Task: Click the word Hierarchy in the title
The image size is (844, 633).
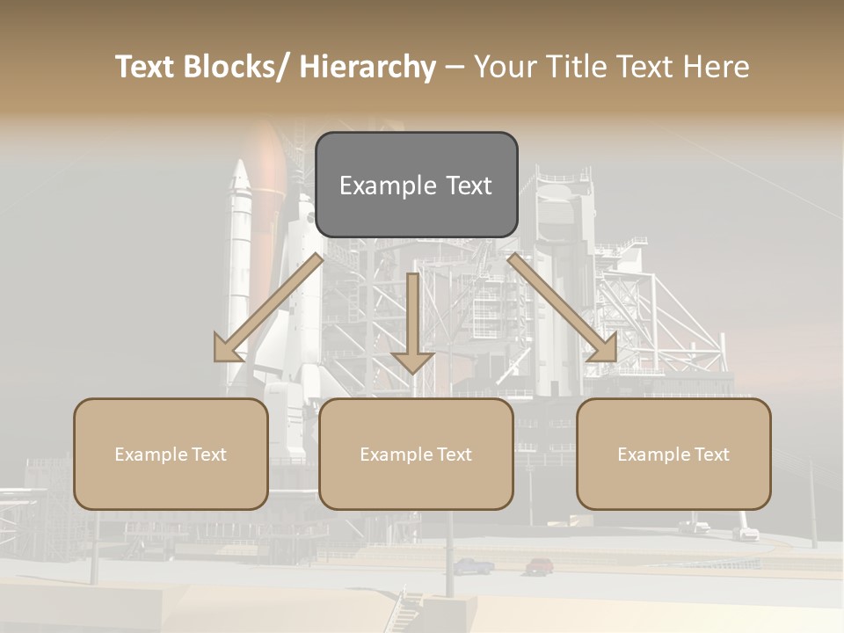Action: point(367,68)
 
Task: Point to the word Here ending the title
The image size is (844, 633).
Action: point(715,68)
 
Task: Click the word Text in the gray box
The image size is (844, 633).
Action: point(468,186)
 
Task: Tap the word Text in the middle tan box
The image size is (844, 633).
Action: point(452,455)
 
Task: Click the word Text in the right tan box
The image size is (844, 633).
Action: point(710,455)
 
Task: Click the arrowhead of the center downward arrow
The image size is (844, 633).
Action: point(412,361)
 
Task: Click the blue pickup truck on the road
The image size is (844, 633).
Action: point(474,566)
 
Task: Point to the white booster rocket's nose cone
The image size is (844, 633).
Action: point(240,175)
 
